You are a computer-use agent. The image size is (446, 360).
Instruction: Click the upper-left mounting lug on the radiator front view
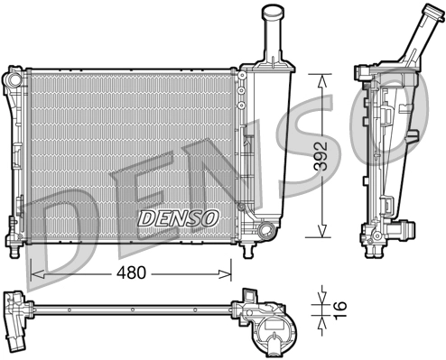point(13,78)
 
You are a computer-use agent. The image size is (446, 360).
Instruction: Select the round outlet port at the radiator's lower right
point(264,232)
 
